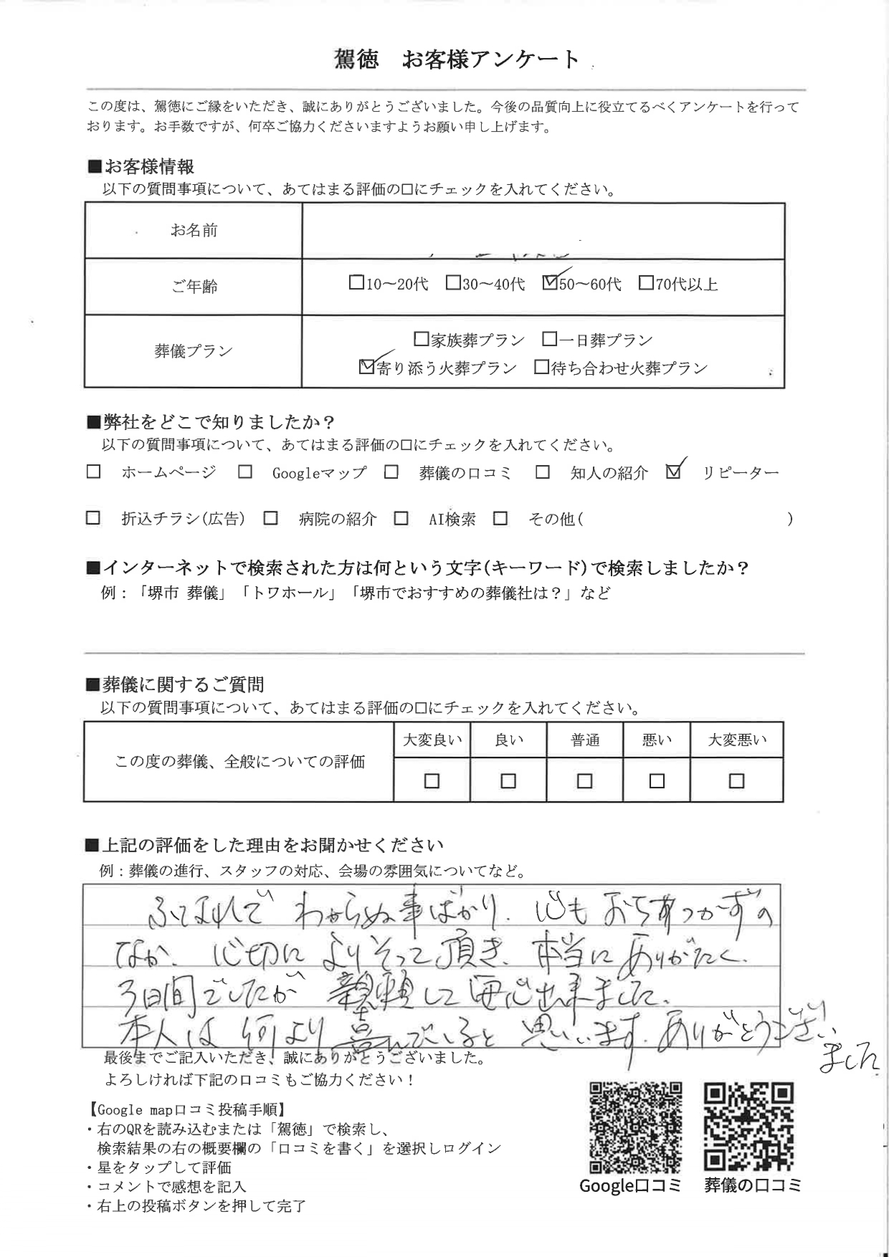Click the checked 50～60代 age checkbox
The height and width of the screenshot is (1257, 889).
click(550, 283)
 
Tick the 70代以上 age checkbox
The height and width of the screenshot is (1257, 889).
click(645, 283)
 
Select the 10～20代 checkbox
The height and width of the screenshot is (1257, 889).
click(356, 283)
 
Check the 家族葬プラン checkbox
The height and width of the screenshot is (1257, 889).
click(422, 339)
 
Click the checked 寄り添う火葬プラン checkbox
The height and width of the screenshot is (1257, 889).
click(366, 367)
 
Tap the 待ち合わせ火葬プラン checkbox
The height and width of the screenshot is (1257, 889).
click(541, 368)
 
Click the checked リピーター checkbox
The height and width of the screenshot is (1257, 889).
click(672, 472)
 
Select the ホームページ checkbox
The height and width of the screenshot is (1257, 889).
click(93, 472)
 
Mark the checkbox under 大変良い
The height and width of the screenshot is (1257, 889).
click(432, 780)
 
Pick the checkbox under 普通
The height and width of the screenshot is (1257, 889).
click(584, 780)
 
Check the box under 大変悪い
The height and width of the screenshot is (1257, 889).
click(736, 780)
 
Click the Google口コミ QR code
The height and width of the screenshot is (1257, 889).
click(635, 1127)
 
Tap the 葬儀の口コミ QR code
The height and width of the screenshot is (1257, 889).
click(749, 1127)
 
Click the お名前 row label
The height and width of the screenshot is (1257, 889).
click(194, 230)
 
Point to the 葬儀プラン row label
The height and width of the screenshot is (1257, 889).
click(194, 351)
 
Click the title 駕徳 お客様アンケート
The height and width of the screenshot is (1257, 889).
click(457, 59)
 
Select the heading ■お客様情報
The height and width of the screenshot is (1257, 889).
click(141, 167)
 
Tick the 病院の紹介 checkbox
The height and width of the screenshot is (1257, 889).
click(270, 518)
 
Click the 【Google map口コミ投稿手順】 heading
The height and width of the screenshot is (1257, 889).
click(188, 1109)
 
